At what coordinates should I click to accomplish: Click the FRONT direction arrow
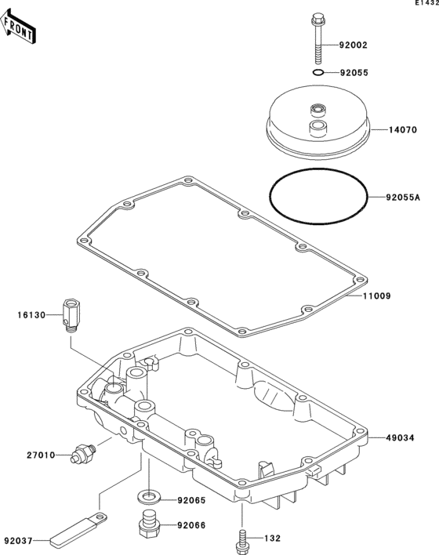coord(18,27)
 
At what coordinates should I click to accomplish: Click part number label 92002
coord(354,45)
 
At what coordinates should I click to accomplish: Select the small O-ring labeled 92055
coord(318,73)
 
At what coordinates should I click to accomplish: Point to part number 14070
coord(403,130)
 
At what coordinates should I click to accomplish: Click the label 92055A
coord(403,198)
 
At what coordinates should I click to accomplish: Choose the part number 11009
coord(377,296)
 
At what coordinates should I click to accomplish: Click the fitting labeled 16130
coord(71,315)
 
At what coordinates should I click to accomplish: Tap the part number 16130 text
coord(32,315)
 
